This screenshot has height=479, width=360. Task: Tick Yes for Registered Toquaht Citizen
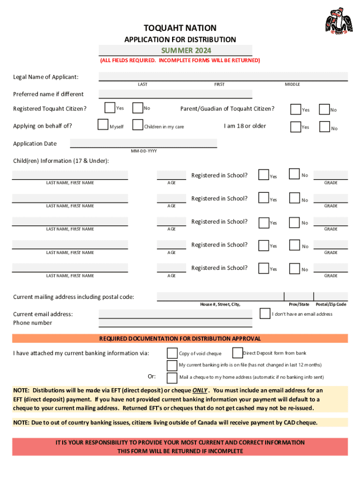110,108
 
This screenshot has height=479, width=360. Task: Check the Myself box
103,125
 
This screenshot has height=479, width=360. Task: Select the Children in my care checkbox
137,125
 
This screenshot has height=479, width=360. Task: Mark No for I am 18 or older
324,127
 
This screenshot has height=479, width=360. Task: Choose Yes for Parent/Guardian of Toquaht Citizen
295,109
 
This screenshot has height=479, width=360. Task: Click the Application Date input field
144,143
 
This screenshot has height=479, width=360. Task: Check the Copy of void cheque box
172,353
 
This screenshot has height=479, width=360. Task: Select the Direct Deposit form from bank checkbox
237,352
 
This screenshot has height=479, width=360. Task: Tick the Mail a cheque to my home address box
172,377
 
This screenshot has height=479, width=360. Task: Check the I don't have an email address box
265,313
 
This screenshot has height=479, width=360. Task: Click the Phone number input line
175,323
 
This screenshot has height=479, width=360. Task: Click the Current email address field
175,313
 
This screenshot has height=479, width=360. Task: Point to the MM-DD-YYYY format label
144,151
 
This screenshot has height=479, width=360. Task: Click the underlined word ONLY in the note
200,391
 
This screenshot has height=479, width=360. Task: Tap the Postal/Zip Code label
331,305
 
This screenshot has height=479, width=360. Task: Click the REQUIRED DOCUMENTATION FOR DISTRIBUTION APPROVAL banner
180,339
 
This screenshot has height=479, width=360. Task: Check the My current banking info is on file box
172,365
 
